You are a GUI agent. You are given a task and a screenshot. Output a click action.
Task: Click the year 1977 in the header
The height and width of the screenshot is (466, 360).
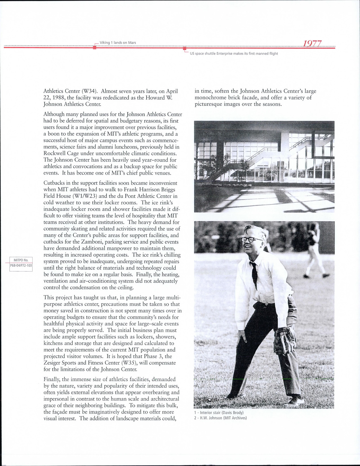[312, 43]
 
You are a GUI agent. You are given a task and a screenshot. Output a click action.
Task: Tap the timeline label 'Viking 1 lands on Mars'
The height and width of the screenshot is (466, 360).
[118, 43]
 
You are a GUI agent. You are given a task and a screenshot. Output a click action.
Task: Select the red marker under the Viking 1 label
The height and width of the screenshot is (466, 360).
[94, 48]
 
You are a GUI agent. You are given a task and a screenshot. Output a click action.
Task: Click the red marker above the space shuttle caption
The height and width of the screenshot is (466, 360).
[185, 48]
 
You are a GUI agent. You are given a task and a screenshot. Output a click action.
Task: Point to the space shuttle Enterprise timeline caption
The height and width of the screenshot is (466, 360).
[234, 54]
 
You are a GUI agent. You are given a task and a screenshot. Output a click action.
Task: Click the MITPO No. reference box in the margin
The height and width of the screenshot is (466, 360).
[21, 260]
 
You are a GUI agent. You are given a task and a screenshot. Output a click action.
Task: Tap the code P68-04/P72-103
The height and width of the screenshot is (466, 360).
[21, 266]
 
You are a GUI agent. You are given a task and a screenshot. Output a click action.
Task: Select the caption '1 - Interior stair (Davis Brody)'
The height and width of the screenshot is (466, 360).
[219, 413]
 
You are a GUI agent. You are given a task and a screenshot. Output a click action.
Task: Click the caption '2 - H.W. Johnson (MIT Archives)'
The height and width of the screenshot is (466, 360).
[221, 418]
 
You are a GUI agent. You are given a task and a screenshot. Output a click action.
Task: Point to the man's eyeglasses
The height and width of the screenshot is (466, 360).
[251, 240]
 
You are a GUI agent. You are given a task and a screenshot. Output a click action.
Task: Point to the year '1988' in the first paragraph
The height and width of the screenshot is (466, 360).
[58, 98]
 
